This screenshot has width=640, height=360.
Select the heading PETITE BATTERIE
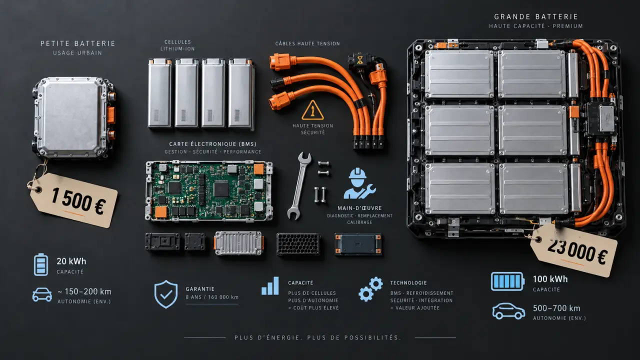(77, 43)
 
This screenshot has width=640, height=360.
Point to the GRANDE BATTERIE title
(536, 17)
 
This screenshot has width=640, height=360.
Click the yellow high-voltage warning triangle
(312, 110)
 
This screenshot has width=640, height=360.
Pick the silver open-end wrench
(299, 185)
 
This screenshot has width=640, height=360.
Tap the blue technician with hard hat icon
(359, 183)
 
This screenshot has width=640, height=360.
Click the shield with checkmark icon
(166, 294)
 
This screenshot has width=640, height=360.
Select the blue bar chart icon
(270, 285)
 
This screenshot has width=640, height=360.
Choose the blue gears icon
(370, 289)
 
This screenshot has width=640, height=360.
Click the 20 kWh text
(71, 261)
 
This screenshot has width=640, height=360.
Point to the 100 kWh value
(550, 279)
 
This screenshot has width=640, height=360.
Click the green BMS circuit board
(209, 191)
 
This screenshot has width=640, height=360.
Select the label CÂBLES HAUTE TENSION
(307, 43)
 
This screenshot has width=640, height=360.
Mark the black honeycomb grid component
(298, 243)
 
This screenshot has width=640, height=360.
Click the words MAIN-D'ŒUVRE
(359, 208)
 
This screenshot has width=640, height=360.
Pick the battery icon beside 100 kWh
(507, 281)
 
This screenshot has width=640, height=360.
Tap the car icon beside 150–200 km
(42, 295)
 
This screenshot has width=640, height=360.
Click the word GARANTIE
(200, 289)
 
